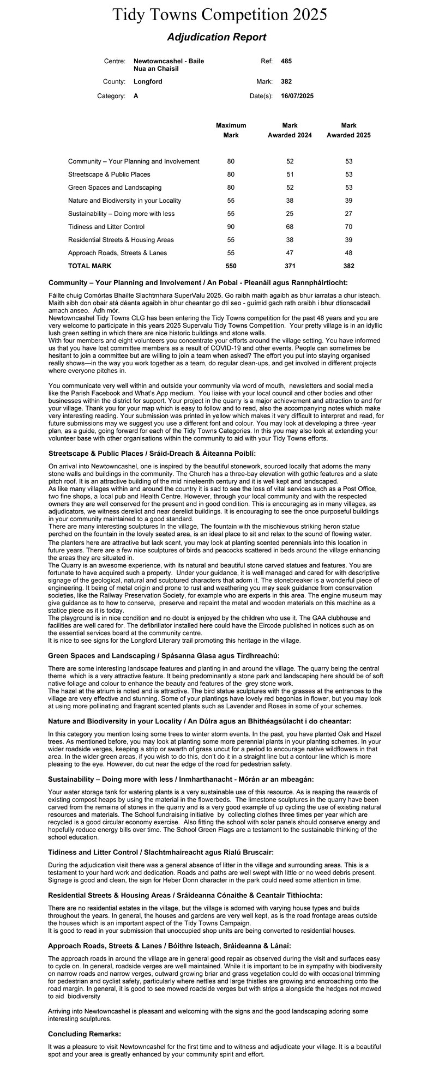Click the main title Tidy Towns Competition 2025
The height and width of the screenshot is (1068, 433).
point(219,15)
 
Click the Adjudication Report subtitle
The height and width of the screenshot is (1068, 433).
point(216,37)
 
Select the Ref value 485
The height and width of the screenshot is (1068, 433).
point(286,62)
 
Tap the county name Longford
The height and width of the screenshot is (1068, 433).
point(148,82)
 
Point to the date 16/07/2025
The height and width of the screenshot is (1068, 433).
point(297,96)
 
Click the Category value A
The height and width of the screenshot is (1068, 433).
point(136,96)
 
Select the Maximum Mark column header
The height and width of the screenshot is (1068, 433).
point(231,130)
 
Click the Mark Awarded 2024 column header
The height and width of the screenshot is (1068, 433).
point(290,130)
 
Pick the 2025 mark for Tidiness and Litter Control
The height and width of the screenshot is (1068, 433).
point(348,227)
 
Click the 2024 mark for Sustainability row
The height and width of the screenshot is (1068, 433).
point(290,214)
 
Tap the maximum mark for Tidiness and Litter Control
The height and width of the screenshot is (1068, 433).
point(231,227)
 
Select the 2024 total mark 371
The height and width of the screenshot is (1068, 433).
point(290,266)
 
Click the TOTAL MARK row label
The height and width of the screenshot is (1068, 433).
point(89,266)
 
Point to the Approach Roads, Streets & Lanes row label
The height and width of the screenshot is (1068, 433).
point(117,253)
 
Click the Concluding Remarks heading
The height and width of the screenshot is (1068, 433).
point(85,1034)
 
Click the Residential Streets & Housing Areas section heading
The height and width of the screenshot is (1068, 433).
point(185,895)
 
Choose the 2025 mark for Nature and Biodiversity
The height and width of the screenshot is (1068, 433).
point(348,201)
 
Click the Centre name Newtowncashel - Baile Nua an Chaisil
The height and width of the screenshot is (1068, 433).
point(169,65)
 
